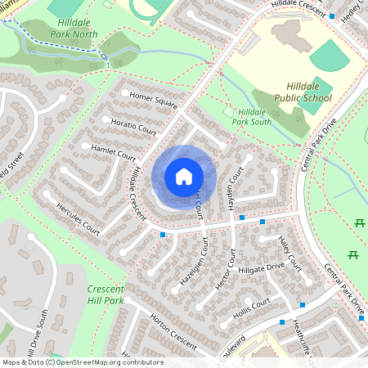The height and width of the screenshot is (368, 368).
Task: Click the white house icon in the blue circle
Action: (184, 176)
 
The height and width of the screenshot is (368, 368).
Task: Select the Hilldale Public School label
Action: (309, 92)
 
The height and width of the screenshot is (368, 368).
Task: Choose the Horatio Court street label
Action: (128, 126)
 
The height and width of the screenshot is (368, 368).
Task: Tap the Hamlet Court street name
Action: (114, 152)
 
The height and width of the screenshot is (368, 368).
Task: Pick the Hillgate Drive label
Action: (260, 267)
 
